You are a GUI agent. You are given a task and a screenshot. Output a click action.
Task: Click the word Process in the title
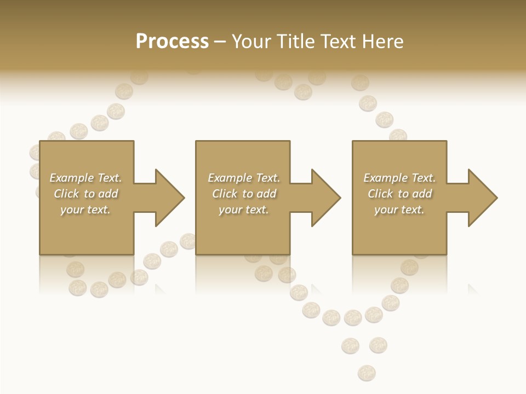(x=172, y=42)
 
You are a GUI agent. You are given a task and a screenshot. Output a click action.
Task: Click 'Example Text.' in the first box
(x=86, y=178)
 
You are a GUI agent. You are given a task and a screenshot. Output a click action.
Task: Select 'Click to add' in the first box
(x=86, y=194)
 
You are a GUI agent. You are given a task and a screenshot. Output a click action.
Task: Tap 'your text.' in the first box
(x=86, y=210)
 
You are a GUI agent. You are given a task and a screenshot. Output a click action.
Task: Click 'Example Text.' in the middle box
(x=244, y=178)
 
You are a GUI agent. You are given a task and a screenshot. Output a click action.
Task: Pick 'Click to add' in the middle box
(x=244, y=194)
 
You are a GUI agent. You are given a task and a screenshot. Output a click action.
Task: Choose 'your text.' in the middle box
(x=244, y=210)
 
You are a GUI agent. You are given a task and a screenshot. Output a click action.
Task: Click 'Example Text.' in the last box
(x=399, y=178)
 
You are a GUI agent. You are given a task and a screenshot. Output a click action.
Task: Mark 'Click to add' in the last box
(x=399, y=194)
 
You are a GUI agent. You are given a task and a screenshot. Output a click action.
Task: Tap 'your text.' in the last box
(x=399, y=210)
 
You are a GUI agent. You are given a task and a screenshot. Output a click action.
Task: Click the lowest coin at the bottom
(x=367, y=373)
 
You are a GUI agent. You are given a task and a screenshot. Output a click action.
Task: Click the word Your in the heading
(x=253, y=42)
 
